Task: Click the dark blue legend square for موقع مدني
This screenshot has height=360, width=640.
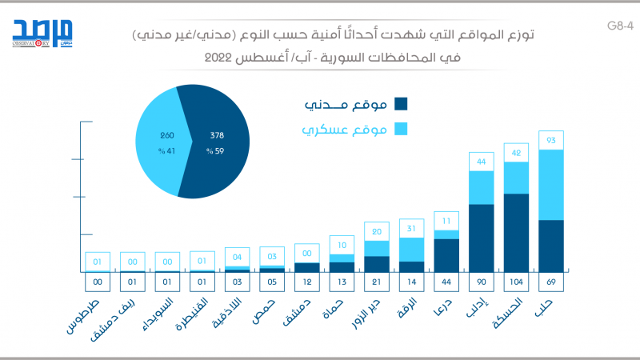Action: pos(401,103)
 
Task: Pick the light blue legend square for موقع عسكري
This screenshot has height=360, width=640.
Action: pos(401,130)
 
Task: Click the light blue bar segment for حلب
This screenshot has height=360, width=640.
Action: pos(551,185)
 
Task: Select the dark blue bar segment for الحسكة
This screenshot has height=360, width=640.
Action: pos(516,232)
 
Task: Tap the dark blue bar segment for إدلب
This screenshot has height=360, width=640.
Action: pos(481,238)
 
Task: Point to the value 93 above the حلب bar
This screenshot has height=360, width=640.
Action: pos(551,141)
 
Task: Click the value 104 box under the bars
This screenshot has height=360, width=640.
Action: pos(516,282)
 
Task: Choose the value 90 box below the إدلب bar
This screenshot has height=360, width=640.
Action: pos(481,282)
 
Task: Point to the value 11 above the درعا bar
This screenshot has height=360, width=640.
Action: pos(446,221)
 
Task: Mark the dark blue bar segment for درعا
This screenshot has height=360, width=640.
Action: pos(446,255)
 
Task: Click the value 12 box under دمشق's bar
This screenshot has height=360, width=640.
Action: pos(307,282)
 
